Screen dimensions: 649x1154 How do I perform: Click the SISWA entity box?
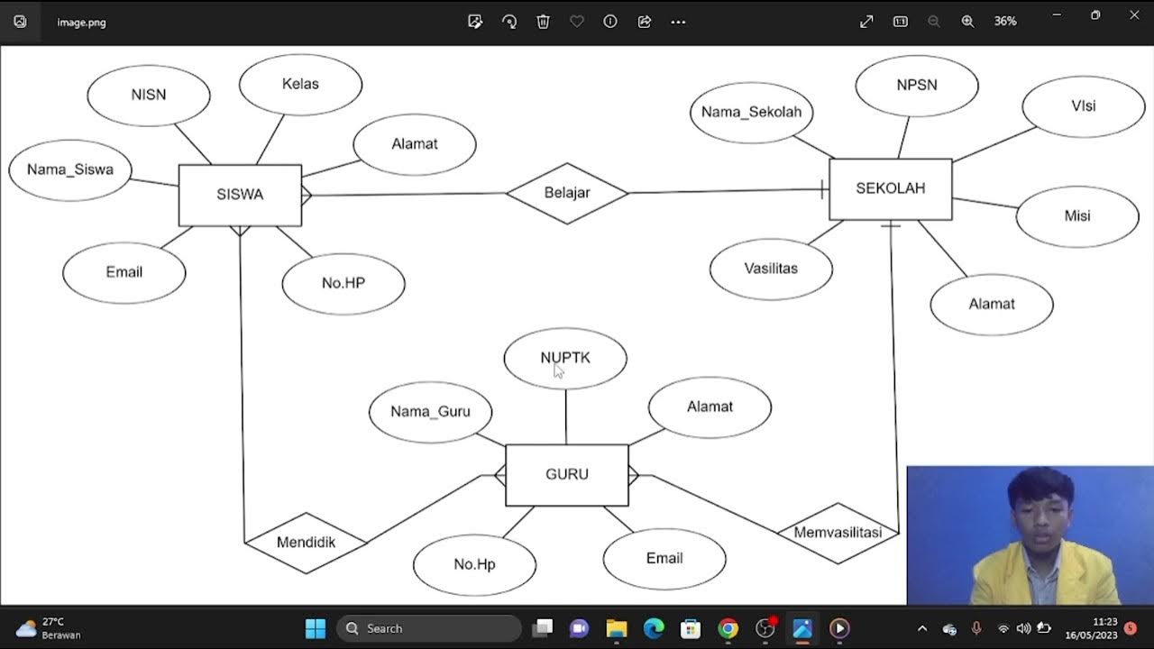pyautogui.click(x=240, y=195)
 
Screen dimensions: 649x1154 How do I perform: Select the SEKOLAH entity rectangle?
pyautogui.click(x=890, y=188)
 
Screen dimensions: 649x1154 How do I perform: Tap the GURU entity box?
pyautogui.click(x=566, y=474)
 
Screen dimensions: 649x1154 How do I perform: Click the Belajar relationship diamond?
pyautogui.click(x=566, y=193)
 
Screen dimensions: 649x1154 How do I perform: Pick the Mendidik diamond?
pyautogui.click(x=306, y=543)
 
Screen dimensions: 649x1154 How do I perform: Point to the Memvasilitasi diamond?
pyautogui.click(x=838, y=533)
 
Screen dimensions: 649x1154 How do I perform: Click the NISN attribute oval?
pyautogui.click(x=149, y=95)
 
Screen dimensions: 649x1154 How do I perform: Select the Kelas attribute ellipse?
pyautogui.click(x=300, y=84)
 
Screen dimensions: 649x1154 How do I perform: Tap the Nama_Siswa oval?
pyautogui.click(x=70, y=169)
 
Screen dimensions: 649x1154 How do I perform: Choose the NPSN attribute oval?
pyautogui.click(x=916, y=85)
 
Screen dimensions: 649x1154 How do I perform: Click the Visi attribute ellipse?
pyautogui.click(x=1083, y=106)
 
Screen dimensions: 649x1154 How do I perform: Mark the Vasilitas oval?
pyautogui.click(x=771, y=269)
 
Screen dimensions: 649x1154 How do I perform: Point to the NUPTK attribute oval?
pyautogui.click(x=565, y=358)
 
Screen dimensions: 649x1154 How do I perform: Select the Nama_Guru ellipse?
pyautogui.click(x=430, y=412)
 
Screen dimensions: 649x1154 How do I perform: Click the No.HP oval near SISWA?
pyautogui.click(x=343, y=283)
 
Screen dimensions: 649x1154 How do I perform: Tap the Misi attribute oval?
pyautogui.click(x=1076, y=216)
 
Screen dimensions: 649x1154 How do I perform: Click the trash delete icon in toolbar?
pyautogui.click(x=543, y=22)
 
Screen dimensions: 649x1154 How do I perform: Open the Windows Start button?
pyautogui.click(x=315, y=628)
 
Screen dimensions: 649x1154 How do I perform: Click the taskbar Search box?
pyautogui.click(x=429, y=628)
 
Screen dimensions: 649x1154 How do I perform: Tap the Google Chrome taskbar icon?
pyautogui.click(x=728, y=628)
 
